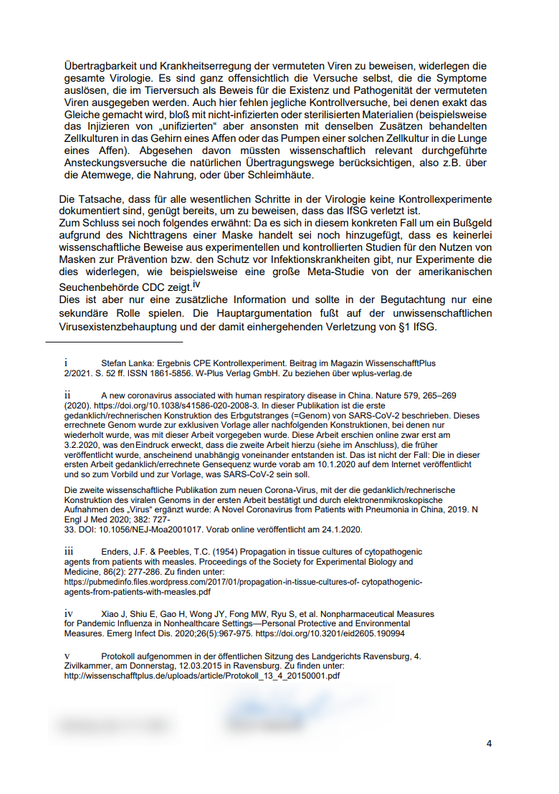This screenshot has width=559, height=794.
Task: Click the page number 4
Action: point(489,743)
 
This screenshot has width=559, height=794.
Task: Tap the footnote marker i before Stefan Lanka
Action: point(66,363)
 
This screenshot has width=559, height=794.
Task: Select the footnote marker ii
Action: point(67,395)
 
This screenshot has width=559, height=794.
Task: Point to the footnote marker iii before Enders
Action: point(69,551)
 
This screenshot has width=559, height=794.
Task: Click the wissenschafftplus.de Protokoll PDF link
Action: point(201,676)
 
